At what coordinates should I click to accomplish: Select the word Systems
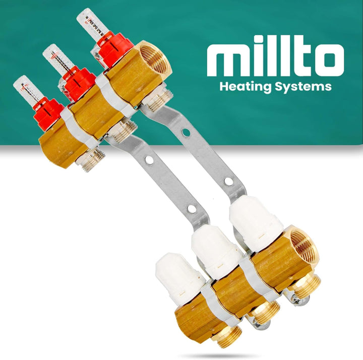[307, 87]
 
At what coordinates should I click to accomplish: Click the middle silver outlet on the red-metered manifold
[122, 131]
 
